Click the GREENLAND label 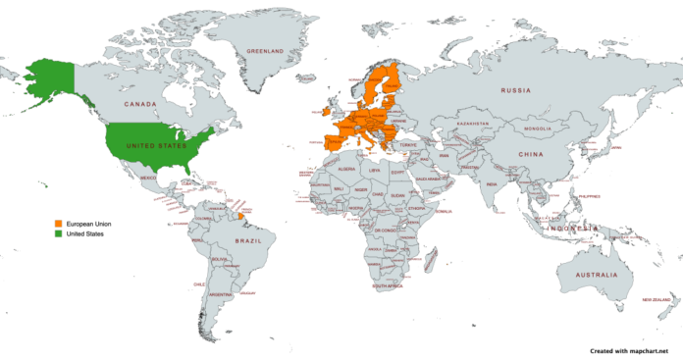coord(264,50)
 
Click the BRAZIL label coord(238,238)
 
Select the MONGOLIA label coord(539,129)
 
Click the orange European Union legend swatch coord(58,224)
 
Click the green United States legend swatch coord(58,233)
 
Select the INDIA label coord(491,182)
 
